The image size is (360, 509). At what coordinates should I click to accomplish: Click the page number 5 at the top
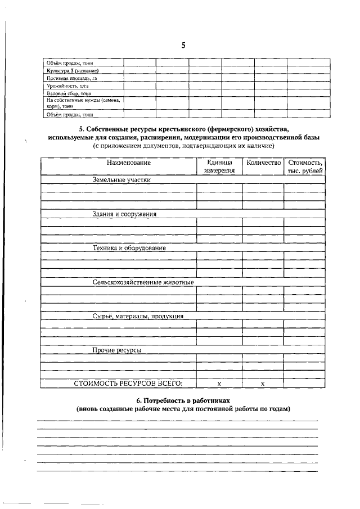click(183, 46)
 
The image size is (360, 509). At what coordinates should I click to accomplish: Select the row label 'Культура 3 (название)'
click(73, 71)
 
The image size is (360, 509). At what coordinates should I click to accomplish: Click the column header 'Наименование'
click(129, 163)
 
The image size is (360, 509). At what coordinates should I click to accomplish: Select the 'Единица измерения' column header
click(219, 166)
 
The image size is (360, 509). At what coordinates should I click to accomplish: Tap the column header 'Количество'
click(263, 163)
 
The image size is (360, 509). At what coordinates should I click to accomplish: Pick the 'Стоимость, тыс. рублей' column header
click(305, 166)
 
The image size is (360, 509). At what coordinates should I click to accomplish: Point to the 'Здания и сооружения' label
click(124, 214)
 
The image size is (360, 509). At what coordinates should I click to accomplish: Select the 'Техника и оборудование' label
click(129, 247)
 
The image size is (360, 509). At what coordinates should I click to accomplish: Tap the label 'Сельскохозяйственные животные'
click(143, 282)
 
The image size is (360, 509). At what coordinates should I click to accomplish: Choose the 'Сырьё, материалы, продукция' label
click(137, 316)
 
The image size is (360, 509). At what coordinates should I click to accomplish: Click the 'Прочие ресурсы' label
click(116, 350)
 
